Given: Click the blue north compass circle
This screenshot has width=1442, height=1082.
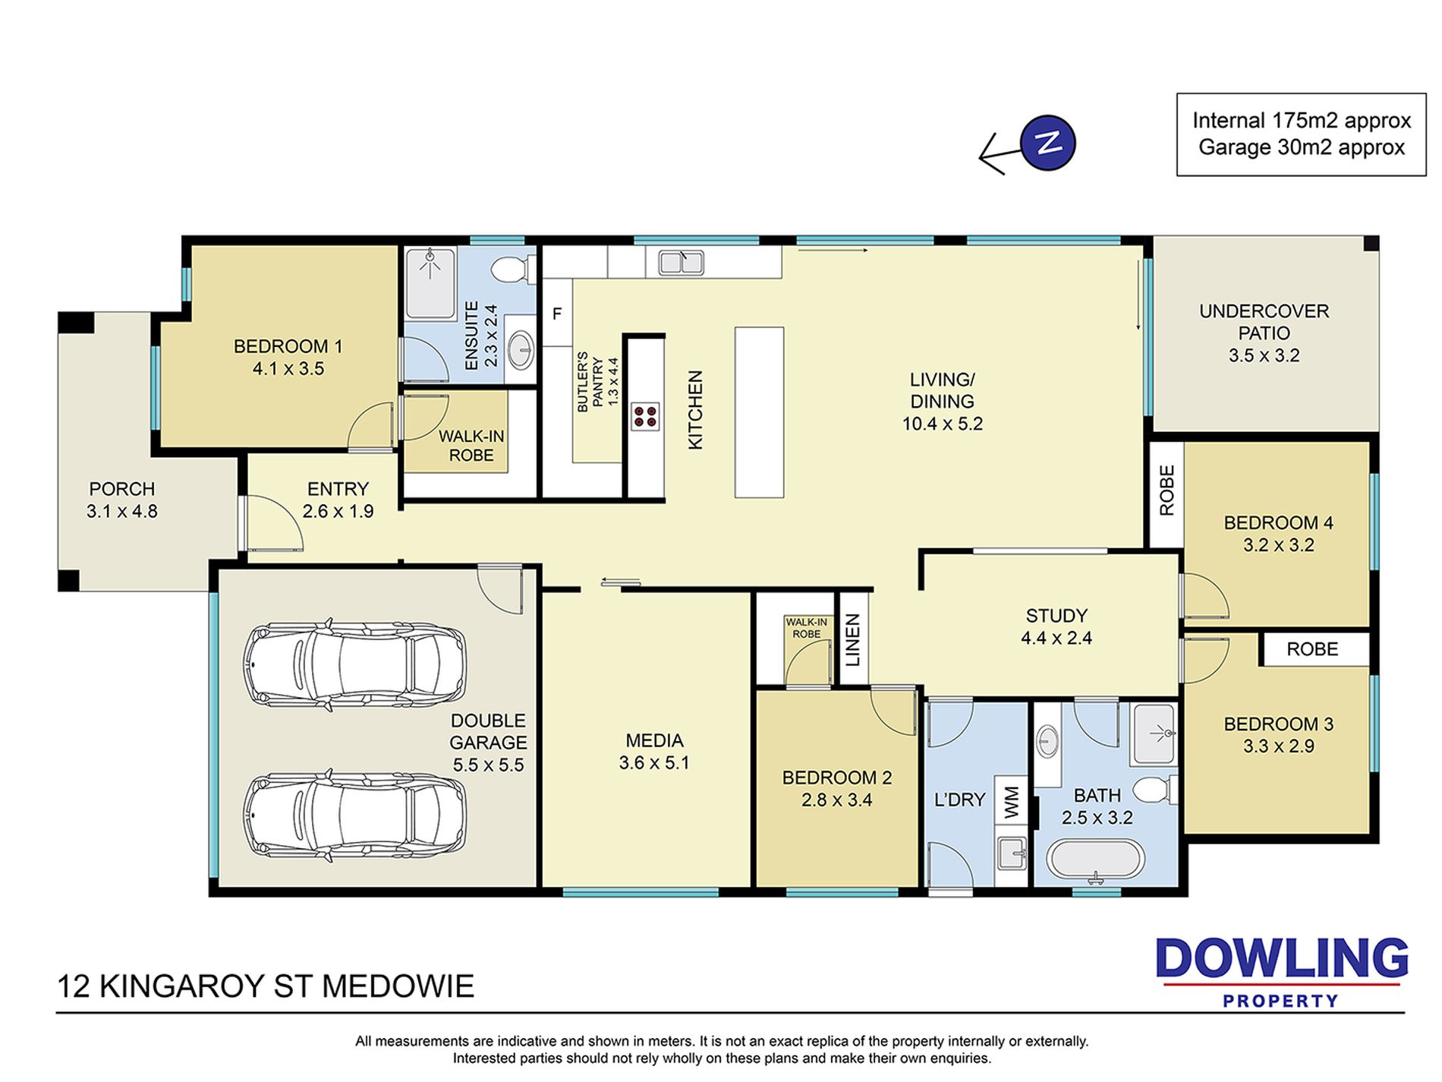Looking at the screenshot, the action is pos(1048,143).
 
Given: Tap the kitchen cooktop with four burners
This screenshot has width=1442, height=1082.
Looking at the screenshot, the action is pos(645,416).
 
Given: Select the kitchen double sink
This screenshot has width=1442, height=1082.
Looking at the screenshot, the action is pos(681,262).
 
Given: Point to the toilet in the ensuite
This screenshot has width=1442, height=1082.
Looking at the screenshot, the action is pos(512,269).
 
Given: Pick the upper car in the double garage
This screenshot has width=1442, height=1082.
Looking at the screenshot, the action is pos(354,664).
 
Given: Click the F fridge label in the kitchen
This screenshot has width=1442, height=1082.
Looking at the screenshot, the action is pos(557,314).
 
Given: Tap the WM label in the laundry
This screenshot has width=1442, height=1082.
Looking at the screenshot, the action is pos(1012,802).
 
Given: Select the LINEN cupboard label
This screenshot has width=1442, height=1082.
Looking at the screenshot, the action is pos(853,640).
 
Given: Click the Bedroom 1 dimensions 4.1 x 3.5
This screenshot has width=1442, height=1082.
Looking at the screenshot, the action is pos(288,369).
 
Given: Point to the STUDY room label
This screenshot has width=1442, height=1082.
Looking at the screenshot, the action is pos(1056,616).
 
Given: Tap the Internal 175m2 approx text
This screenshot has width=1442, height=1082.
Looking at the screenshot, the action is pos(1302,121).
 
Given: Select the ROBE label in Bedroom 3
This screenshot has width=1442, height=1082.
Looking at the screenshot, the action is pos(1312,649).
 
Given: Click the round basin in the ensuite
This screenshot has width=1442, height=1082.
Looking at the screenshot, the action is pos(521,350).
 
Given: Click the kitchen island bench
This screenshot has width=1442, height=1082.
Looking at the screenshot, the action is pos(759,412).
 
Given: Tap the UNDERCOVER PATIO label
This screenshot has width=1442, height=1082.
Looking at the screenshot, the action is pos(1264,322).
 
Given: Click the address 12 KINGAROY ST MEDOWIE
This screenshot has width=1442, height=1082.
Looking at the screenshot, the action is pos(266,986).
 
